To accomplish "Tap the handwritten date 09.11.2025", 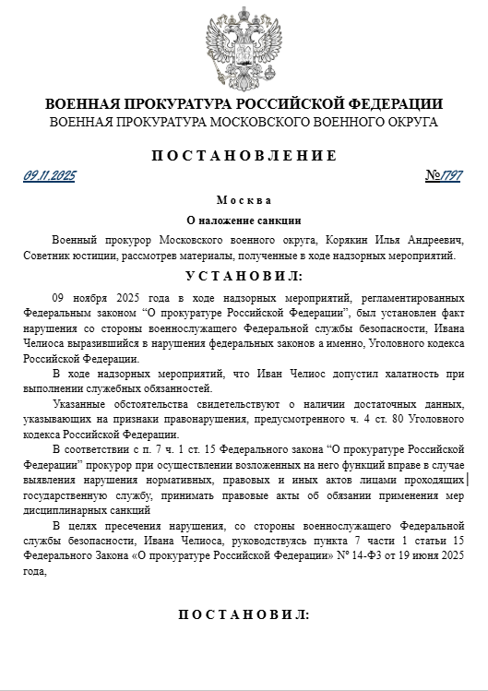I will (50, 175).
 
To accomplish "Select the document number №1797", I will (446, 175).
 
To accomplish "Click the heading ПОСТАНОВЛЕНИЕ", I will (244, 155).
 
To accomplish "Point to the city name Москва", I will (244, 200).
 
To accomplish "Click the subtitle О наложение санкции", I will (244, 220).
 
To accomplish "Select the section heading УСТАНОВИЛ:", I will (244, 275).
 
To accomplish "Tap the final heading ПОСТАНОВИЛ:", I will (244, 614).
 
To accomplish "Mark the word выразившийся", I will (103, 344).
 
